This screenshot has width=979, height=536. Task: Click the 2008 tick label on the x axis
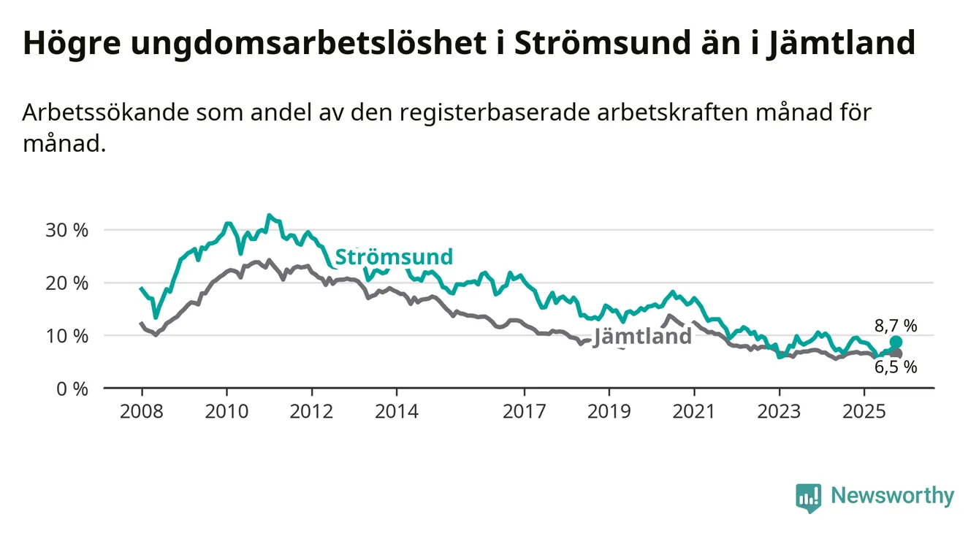142,411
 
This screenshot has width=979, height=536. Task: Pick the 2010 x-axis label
226,411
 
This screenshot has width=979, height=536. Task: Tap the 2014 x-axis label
397,411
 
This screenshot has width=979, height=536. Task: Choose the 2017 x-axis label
524,411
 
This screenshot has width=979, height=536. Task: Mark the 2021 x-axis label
693,411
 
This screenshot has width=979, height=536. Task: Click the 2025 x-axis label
864,411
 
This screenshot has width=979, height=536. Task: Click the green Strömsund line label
394,257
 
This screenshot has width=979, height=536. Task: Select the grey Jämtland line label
642,337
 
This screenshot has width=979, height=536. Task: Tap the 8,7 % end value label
895,326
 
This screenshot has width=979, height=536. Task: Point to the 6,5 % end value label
895,367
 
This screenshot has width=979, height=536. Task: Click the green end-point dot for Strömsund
896,342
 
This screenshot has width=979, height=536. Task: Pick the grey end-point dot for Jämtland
896,353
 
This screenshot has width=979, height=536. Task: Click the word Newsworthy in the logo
892,497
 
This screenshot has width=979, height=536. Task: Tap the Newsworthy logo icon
808,497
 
